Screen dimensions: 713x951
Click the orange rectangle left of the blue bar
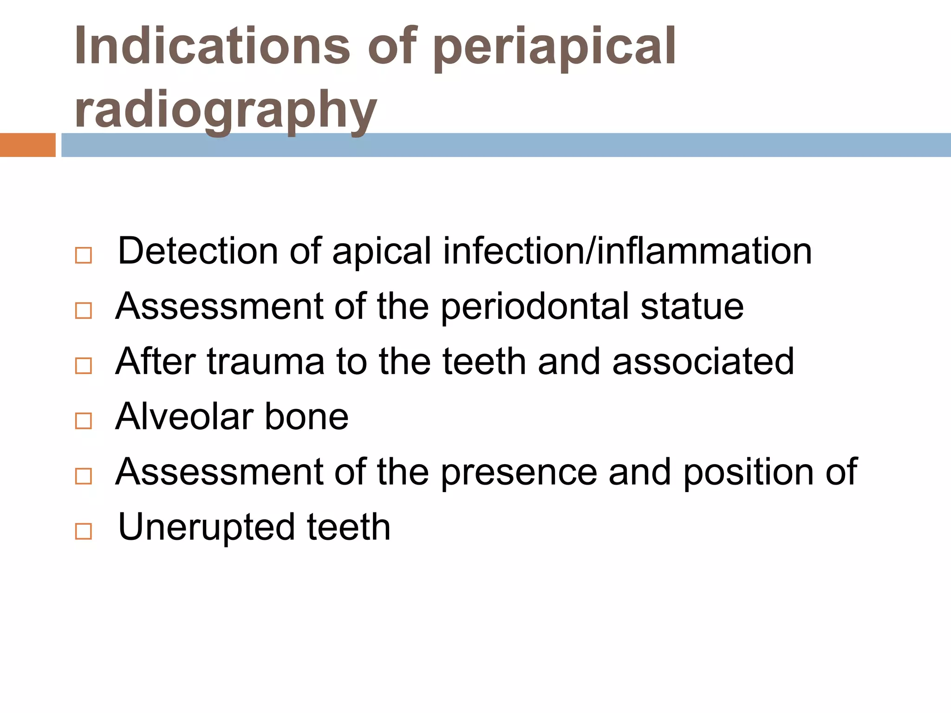pos(27,145)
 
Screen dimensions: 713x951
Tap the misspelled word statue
pos(692,306)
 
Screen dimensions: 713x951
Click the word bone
pos(306,416)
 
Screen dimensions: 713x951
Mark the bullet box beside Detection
pos(83,255)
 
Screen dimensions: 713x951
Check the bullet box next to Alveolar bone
pos(83,421)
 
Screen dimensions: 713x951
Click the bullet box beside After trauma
pos(83,366)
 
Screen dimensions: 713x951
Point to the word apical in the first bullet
pos(382,252)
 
